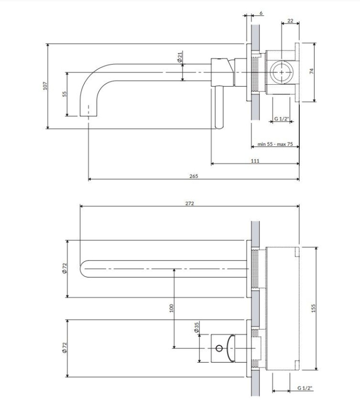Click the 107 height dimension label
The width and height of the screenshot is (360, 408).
45,86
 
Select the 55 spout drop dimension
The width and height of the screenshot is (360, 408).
65,94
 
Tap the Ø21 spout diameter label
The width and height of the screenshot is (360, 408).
179,57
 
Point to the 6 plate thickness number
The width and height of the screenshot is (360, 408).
261,13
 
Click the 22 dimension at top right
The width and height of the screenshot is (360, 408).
290,20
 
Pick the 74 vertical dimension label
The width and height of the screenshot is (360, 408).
312,71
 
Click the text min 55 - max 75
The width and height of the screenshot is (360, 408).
275,144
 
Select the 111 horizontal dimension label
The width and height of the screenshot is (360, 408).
255,161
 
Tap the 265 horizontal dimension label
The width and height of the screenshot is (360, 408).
194,176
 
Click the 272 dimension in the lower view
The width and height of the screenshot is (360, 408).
190,203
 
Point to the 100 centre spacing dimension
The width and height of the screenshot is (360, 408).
171,309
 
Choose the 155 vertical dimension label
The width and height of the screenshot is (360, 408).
313,309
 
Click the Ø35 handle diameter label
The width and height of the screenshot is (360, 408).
196,327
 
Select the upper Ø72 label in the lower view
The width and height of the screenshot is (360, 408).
65,268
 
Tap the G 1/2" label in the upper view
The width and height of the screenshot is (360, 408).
281,119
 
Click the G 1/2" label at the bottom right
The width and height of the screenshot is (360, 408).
305,388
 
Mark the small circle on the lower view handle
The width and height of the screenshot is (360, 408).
219,348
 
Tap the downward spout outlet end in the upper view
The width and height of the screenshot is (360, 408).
88,116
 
